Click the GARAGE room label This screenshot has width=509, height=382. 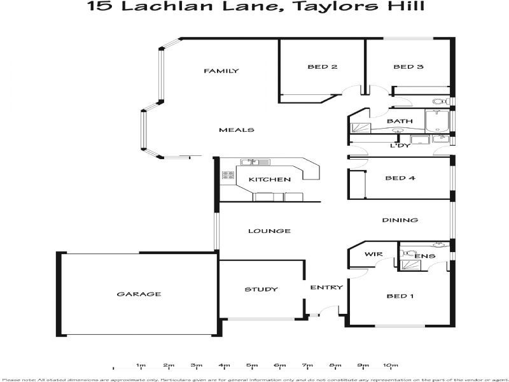point(139,294)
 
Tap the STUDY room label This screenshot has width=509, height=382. point(261,290)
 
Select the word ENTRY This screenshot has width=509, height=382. point(326,287)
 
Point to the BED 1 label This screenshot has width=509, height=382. point(401,296)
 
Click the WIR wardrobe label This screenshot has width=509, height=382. point(372,255)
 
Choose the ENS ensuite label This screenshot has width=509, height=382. point(424,257)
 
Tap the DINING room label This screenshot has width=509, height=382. point(400,220)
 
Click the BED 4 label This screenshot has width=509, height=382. point(400,178)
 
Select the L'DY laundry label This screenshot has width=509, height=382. point(400,146)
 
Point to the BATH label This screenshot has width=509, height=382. point(400,121)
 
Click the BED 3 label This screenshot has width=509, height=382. point(408,67)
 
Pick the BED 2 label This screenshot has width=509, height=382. point(322,67)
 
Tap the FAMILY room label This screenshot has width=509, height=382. point(221,71)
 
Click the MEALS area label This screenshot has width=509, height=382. point(236,130)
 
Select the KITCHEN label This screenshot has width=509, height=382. point(269,180)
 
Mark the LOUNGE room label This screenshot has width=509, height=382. point(269,231)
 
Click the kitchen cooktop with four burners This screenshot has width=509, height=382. point(227,174)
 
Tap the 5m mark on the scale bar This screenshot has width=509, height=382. point(252,365)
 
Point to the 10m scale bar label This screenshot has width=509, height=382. point(390,365)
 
